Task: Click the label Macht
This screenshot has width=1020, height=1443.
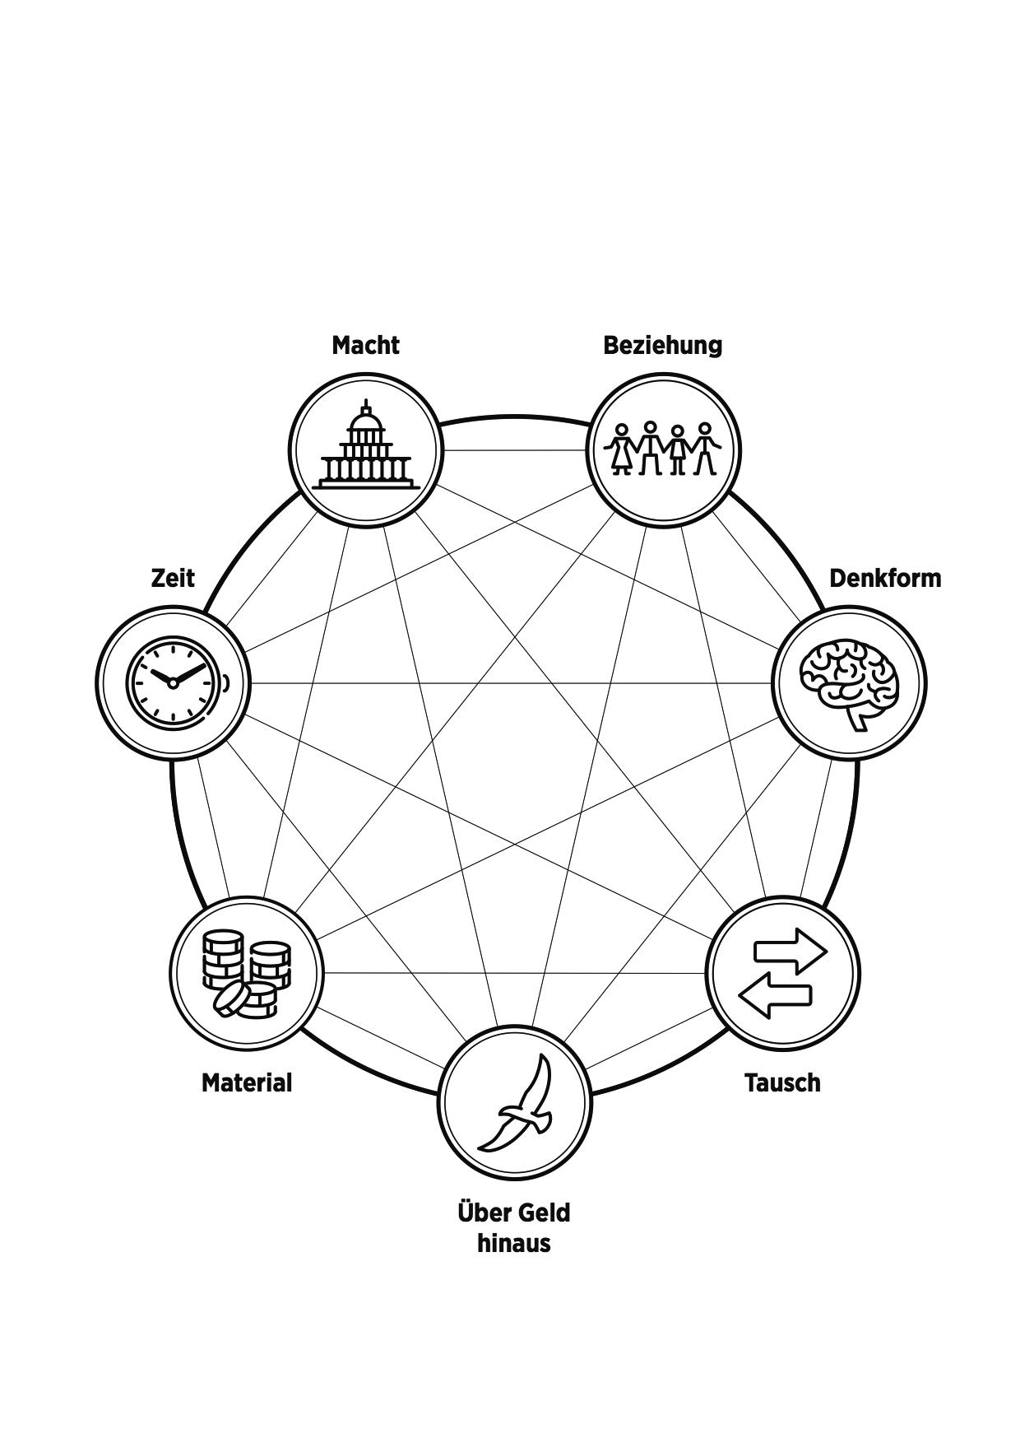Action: (x=365, y=345)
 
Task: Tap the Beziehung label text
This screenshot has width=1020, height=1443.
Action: (x=662, y=345)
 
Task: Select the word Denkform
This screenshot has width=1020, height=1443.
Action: (x=884, y=579)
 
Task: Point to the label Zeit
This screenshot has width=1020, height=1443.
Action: (x=173, y=578)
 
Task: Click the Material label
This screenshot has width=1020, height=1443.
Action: (x=247, y=1082)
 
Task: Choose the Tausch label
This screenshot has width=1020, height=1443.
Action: (x=782, y=1082)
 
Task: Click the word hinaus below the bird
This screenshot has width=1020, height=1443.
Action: (x=513, y=1243)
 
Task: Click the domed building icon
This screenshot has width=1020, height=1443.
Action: (x=366, y=449)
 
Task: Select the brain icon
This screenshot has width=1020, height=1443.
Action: (x=850, y=682)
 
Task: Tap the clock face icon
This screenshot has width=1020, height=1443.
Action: (x=174, y=682)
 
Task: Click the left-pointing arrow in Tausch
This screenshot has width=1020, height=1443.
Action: (x=776, y=996)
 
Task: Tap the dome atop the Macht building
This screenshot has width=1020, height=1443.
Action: (x=366, y=422)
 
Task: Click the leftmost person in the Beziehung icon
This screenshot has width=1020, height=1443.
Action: (x=622, y=449)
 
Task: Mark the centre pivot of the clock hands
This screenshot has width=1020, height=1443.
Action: (x=173, y=683)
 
